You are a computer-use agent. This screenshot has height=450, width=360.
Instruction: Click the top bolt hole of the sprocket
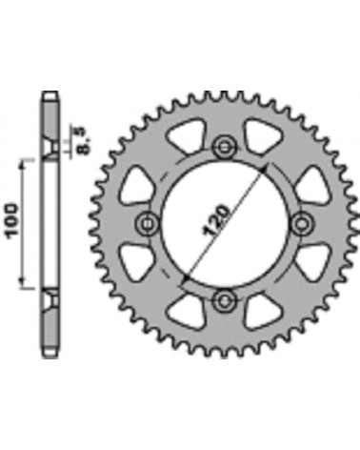click(225, 147)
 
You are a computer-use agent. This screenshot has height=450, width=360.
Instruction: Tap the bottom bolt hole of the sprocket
click(225, 299)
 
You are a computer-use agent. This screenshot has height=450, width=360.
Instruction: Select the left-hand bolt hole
click(148, 224)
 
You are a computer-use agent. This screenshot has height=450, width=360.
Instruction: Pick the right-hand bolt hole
click(302, 224)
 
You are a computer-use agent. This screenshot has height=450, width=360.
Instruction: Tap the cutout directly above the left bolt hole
click(135, 185)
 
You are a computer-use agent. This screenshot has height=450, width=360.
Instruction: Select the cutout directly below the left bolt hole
click(135, 261)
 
